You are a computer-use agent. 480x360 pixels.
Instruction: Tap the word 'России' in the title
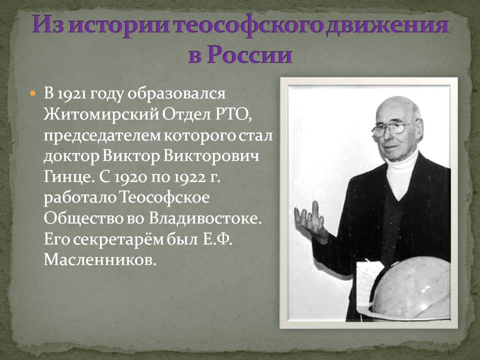[x=249, y=55]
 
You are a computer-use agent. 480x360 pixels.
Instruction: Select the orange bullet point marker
[x=33, y=93]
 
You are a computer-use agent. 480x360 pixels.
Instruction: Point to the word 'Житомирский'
[x=101, y=114]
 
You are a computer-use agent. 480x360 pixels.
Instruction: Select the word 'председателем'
[x=102, y=135]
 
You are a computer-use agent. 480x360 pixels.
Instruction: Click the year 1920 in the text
[x=130, y=177]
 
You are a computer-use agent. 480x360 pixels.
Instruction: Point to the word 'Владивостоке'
[x=205, y=219]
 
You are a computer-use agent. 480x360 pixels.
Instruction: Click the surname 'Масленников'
[x=100, y=260]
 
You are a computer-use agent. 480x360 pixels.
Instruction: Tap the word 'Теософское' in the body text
[x=164, y=198]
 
